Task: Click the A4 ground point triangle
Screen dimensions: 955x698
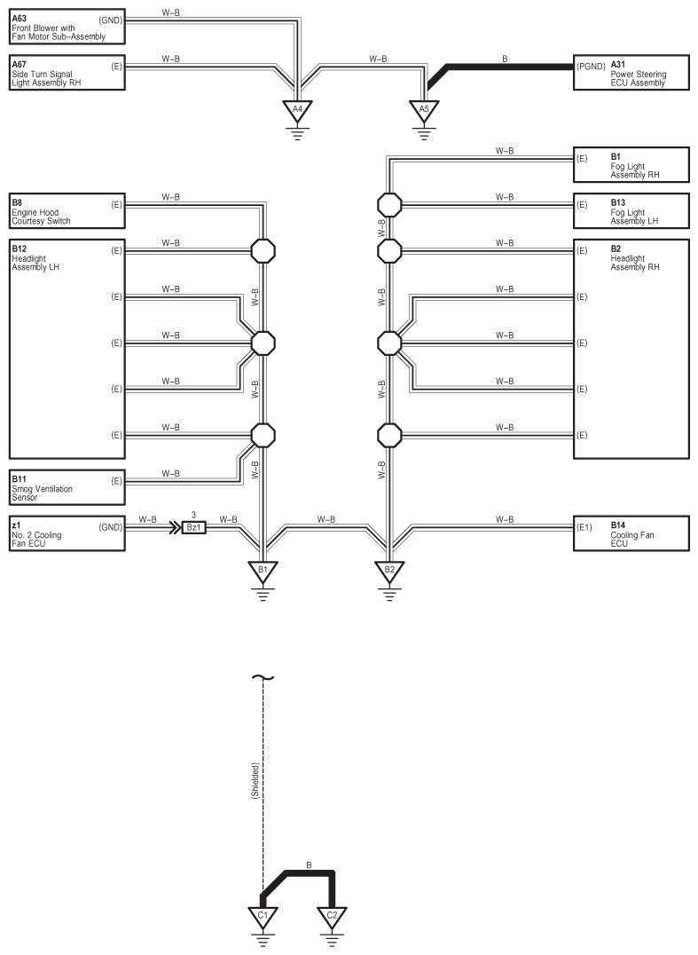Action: click(298, 111)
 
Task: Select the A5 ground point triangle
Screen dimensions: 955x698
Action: click(424, 111)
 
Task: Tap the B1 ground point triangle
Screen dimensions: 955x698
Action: click(262, 571)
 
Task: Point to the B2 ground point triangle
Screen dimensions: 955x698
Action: click(388, 571)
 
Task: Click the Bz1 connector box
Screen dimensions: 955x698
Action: click(193, 527)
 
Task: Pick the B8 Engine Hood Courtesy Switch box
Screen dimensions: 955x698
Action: click(67, 213)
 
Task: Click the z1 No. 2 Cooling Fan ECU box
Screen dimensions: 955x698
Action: click(67, 533)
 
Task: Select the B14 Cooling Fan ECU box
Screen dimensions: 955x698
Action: click(631, 533)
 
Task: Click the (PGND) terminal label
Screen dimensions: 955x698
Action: click(589, 66)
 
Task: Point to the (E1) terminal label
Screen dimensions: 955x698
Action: click(584, 527)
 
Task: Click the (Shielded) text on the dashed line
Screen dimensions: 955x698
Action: click(255, 782)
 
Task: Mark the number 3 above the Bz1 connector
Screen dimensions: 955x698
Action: click(193, 514)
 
